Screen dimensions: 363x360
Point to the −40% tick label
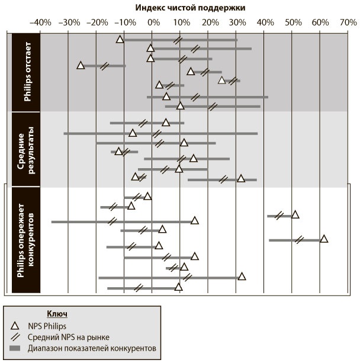[40, 22]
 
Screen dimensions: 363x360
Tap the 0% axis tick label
[153, 22]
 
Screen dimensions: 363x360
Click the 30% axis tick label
[236, 22]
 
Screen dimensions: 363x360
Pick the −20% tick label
[96, 22]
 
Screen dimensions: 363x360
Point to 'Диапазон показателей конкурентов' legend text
[91, 349]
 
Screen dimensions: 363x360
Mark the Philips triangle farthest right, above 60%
[323, 239]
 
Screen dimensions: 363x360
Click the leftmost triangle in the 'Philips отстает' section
[81, 65]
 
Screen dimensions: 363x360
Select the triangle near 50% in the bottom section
[295, 214]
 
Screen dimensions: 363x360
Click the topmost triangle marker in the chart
[120, 39]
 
